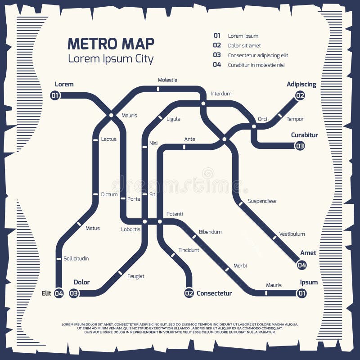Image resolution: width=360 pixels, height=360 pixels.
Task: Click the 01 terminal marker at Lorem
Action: click(55, 95)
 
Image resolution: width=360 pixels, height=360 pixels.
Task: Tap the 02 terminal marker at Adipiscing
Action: click(300, 95)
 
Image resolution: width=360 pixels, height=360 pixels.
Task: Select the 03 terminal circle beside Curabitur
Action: click(300, 146)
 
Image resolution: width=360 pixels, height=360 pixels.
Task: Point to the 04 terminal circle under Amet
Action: click(301, 265)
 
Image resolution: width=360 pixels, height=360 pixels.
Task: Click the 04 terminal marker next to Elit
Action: click(58, 293)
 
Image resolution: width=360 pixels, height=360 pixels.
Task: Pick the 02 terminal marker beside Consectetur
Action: click(189, 293)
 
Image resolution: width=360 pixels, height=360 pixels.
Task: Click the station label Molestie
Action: click(167, 80)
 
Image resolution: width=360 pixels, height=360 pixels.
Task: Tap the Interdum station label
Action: click(220, 94)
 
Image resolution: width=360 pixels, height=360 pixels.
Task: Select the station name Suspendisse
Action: click(262, 201)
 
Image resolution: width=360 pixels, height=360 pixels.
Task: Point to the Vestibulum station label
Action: click(292, 234)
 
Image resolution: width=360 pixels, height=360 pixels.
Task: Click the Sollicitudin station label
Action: click(76, 258)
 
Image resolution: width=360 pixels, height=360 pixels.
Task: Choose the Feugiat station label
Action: click(135, 276)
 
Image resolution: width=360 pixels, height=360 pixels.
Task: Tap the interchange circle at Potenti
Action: click(160, 221)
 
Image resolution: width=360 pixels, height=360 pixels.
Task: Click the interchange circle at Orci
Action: click(254, 126)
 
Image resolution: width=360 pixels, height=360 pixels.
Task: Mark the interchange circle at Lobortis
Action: click(145, 221)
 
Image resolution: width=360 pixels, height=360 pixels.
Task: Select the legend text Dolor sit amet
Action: click(244, 45)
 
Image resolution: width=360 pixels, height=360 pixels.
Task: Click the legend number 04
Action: click(217, 65)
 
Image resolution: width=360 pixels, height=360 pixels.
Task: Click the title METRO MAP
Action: click(111, 44)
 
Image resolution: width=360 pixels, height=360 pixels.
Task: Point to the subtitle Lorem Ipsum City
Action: click(111, 59)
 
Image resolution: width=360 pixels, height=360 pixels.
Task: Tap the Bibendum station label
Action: click(210, 232)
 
